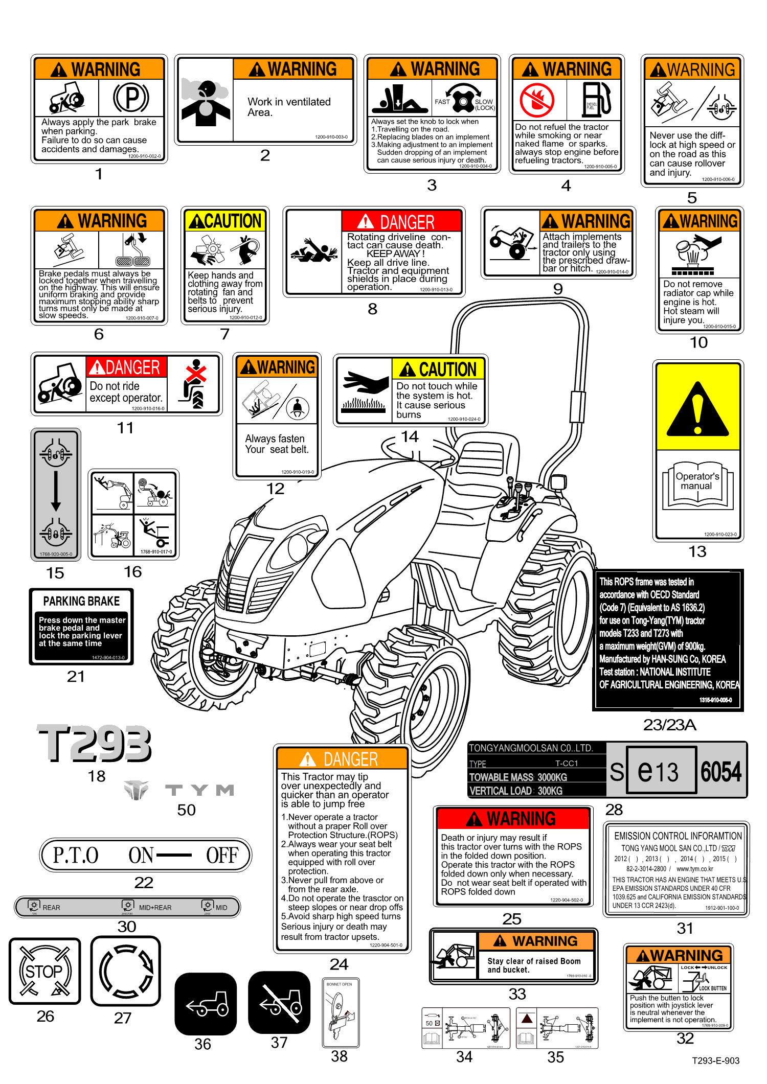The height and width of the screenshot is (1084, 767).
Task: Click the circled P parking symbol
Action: click(131, 97)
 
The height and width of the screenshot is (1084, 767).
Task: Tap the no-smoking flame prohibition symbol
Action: click(537, 100)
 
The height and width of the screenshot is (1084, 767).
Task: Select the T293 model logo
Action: click(95, 743)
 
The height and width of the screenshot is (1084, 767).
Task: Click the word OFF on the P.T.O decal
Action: click(222, 856)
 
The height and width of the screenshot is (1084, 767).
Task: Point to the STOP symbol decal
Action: click(44, 971)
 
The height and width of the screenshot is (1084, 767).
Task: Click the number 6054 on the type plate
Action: click(721, 771)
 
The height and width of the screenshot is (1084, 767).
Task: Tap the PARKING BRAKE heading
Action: click(81, 601)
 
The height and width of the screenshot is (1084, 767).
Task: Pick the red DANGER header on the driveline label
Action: click(402, 222)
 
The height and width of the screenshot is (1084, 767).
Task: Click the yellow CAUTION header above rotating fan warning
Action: click(225, 221)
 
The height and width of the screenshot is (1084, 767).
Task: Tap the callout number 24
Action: click(339, 964)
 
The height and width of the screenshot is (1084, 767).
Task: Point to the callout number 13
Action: click(697, 551)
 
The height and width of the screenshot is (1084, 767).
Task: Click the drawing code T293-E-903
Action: click(715, 1060)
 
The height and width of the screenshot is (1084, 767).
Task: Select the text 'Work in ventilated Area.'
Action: click(289, 107)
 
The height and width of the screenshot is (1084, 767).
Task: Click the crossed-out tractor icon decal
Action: click(279, 1002)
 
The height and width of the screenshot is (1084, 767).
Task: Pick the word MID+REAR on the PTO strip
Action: click(155, 908)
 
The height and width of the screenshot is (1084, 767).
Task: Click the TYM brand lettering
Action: click(199, 791)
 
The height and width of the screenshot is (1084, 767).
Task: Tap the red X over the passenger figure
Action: click(196, 372)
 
